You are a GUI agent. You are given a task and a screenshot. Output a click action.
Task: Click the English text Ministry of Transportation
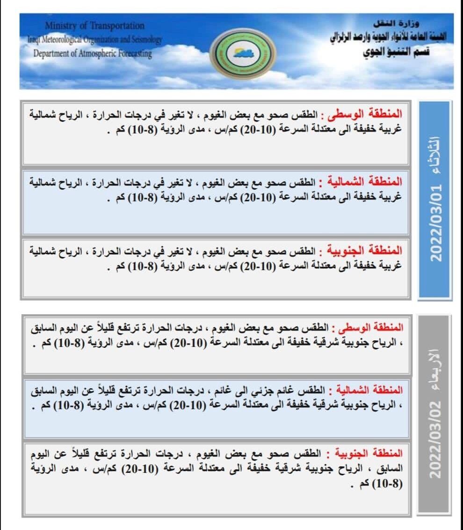(x=94, y=26)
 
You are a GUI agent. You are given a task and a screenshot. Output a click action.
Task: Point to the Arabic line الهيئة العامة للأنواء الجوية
(x=391, y=38)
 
